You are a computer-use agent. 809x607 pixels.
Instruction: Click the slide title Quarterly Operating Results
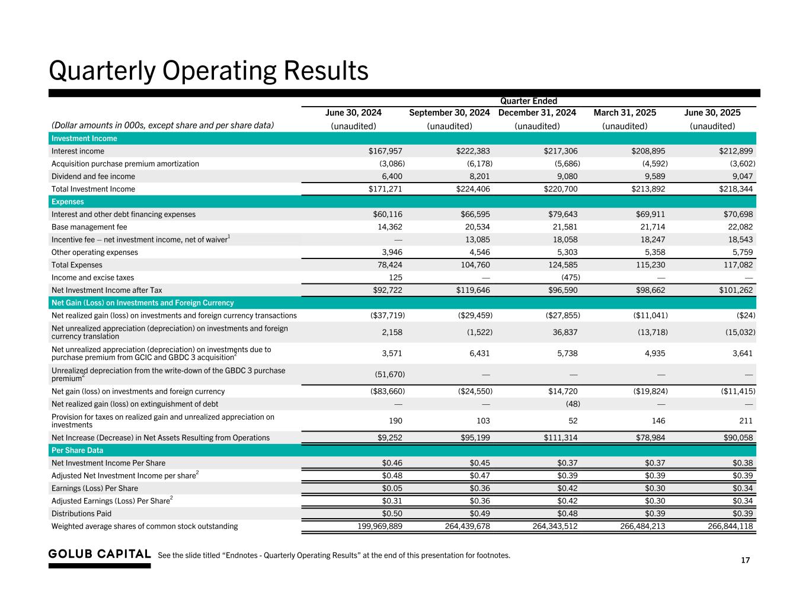[208, 71]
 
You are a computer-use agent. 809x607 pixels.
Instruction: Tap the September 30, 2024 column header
[449, 113]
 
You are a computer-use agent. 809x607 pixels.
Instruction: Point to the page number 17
[746, 560]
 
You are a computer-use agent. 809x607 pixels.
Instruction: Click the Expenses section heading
[68, 202]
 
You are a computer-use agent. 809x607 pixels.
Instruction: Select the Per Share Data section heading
[77, 451]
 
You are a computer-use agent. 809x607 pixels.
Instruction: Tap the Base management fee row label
[89, 227]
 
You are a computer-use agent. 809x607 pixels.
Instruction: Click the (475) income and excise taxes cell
[570, 277]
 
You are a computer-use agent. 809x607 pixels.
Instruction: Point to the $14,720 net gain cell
[561, 391]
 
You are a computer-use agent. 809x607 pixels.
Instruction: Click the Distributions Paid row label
[81, 513]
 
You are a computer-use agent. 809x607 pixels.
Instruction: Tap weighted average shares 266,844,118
[730, 526]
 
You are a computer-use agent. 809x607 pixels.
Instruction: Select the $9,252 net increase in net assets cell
[389, 437]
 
